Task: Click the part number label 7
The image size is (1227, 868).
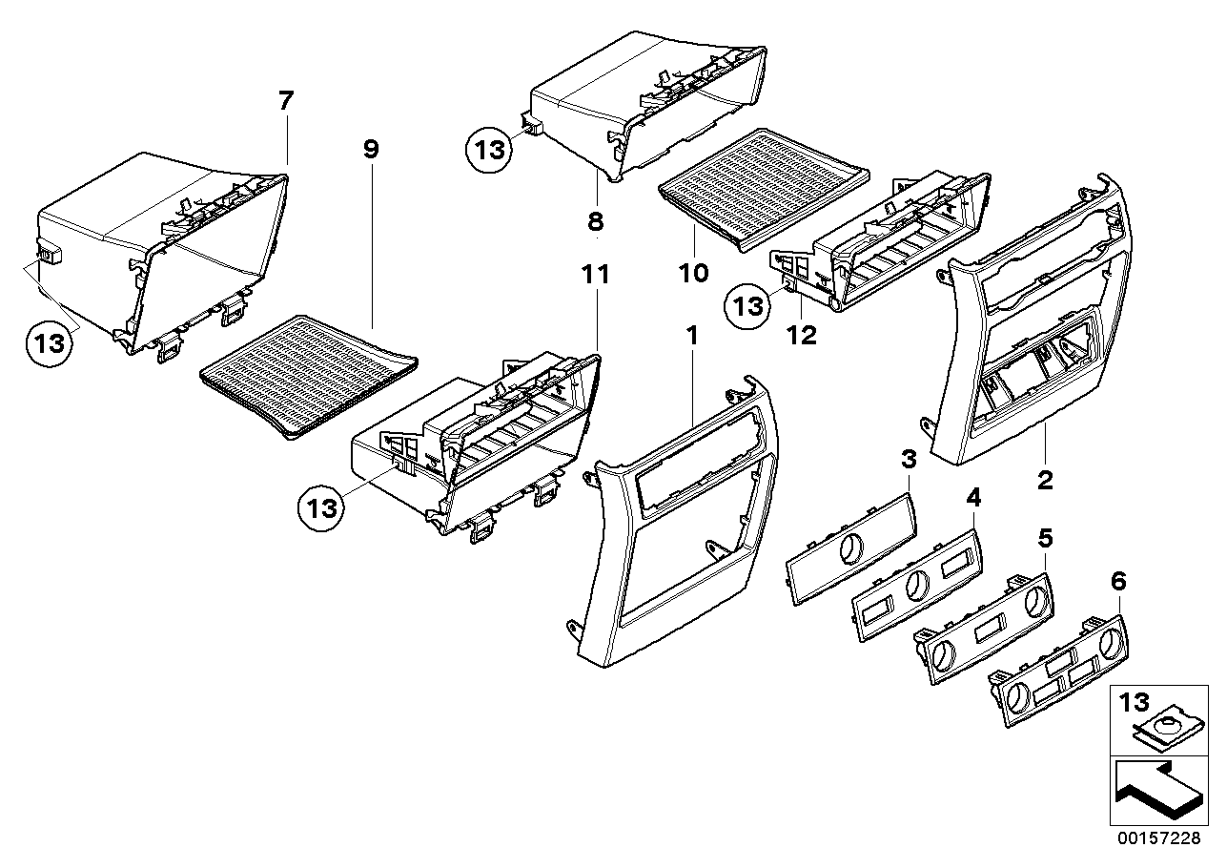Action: coord(286,101)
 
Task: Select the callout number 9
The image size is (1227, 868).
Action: coord(371,149)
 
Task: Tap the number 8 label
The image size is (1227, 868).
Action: coord(596,221)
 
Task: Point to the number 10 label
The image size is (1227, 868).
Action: coord(693,273)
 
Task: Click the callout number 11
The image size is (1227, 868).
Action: coord(596,274)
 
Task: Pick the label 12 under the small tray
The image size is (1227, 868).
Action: coord(802,336)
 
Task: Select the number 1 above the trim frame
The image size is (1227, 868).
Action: coord(692,336)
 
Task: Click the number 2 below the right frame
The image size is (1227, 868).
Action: coord(1045,481)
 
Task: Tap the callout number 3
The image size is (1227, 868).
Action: coord(909,459)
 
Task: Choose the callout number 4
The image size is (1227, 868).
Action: coord(973,498)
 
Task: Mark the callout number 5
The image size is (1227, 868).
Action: coord(1045,538)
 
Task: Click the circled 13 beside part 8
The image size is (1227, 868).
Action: coord(489,149)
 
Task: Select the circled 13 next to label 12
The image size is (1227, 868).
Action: coord(747,306)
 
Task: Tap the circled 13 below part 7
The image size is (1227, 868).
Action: coord(50,344)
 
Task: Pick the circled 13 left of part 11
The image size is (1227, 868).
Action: coord(321,508)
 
